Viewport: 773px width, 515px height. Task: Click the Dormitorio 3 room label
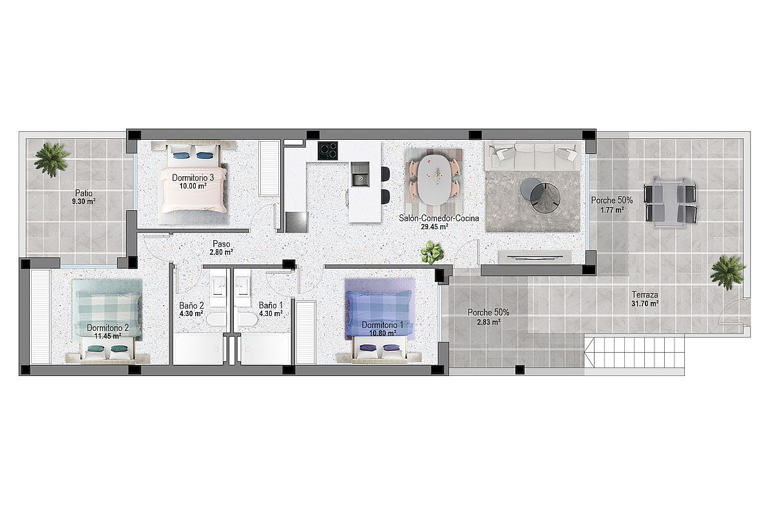pyautogui.click(x=193, y=178)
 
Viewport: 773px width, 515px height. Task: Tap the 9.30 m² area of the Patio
pyautogui.click(x=84, y=201)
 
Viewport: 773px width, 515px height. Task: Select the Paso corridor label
pyautogui.click(x=221, y=244)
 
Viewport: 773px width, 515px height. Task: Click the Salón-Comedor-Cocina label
pyautogui.click(x=439, y=218)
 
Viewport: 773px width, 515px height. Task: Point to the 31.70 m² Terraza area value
pyautogui.click(x=645, y=304)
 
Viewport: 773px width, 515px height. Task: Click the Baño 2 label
pyautogui.click(x=191, y=306)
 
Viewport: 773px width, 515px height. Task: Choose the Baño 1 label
pyautogui.click(x=271, y=306)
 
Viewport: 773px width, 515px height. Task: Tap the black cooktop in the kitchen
pyautogui.click(x=327, y=151)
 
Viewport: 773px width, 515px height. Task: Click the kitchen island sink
pyautogui.click(x=360, y=174)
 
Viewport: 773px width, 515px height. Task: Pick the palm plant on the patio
pyautogui.click(x=52, y=160)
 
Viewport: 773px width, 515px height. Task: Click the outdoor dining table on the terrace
pyautogui.click(x=670, y=203)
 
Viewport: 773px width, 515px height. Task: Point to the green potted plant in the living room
pyautogui.click(x=432, y=252)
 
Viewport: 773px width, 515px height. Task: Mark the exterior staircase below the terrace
pyautogui.click(x=635, y=353)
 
